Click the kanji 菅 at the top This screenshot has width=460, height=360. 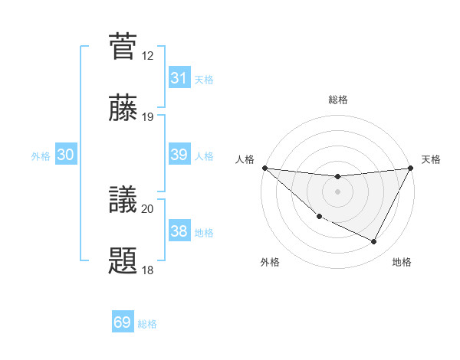(x=123, y=47)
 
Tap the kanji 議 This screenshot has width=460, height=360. (x=123, y=199)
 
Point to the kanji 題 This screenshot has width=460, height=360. (x=123, y=260)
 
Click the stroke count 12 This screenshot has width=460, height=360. (x=148, y=56)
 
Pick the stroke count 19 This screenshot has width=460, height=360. (x=148, y=117)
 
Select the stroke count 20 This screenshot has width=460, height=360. (x=148, y=208)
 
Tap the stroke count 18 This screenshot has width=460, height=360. (x=148, y=270)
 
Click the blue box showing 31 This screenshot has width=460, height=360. (x=179, y=78)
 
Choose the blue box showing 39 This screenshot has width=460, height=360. (x=179, y=155)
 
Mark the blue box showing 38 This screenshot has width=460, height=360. (x=179, y=231)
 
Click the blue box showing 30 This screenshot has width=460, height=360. (x=66, y=155)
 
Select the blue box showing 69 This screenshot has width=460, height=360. (x=123, y=322)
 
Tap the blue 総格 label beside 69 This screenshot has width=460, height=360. (x=148, y=324)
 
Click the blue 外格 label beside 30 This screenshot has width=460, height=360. (x=41, y=156)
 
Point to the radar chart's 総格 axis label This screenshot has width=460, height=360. (x=337, y=100)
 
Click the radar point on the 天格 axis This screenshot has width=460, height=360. (x=411, y=169)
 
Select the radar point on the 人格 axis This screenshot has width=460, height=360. (x=264, y=168)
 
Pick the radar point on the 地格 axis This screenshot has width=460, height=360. (x=374, y=242)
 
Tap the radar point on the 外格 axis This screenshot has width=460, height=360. (x=319, y=217)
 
